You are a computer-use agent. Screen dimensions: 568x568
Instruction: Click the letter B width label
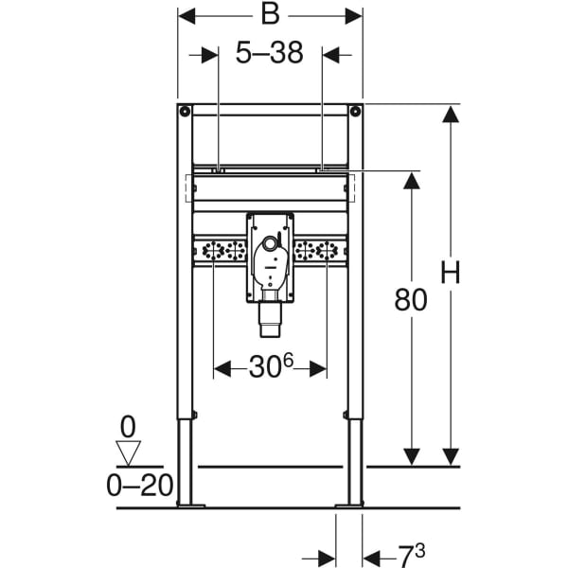click(x=270, y=15)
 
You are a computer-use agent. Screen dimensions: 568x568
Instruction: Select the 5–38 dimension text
click(x=269, y=53)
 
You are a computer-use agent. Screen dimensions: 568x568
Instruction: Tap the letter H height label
click(x=451, y=273)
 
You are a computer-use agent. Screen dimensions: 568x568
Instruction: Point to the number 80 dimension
click(x=411, y=300)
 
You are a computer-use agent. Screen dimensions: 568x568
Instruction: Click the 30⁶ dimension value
click(x=271, y=365)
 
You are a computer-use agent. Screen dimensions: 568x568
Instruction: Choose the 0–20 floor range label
click(x=140, y=486)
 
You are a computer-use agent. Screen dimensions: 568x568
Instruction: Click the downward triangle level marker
click(x=128, y=453)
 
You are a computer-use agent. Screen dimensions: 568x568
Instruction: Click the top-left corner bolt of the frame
click(x=185, y=111)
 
